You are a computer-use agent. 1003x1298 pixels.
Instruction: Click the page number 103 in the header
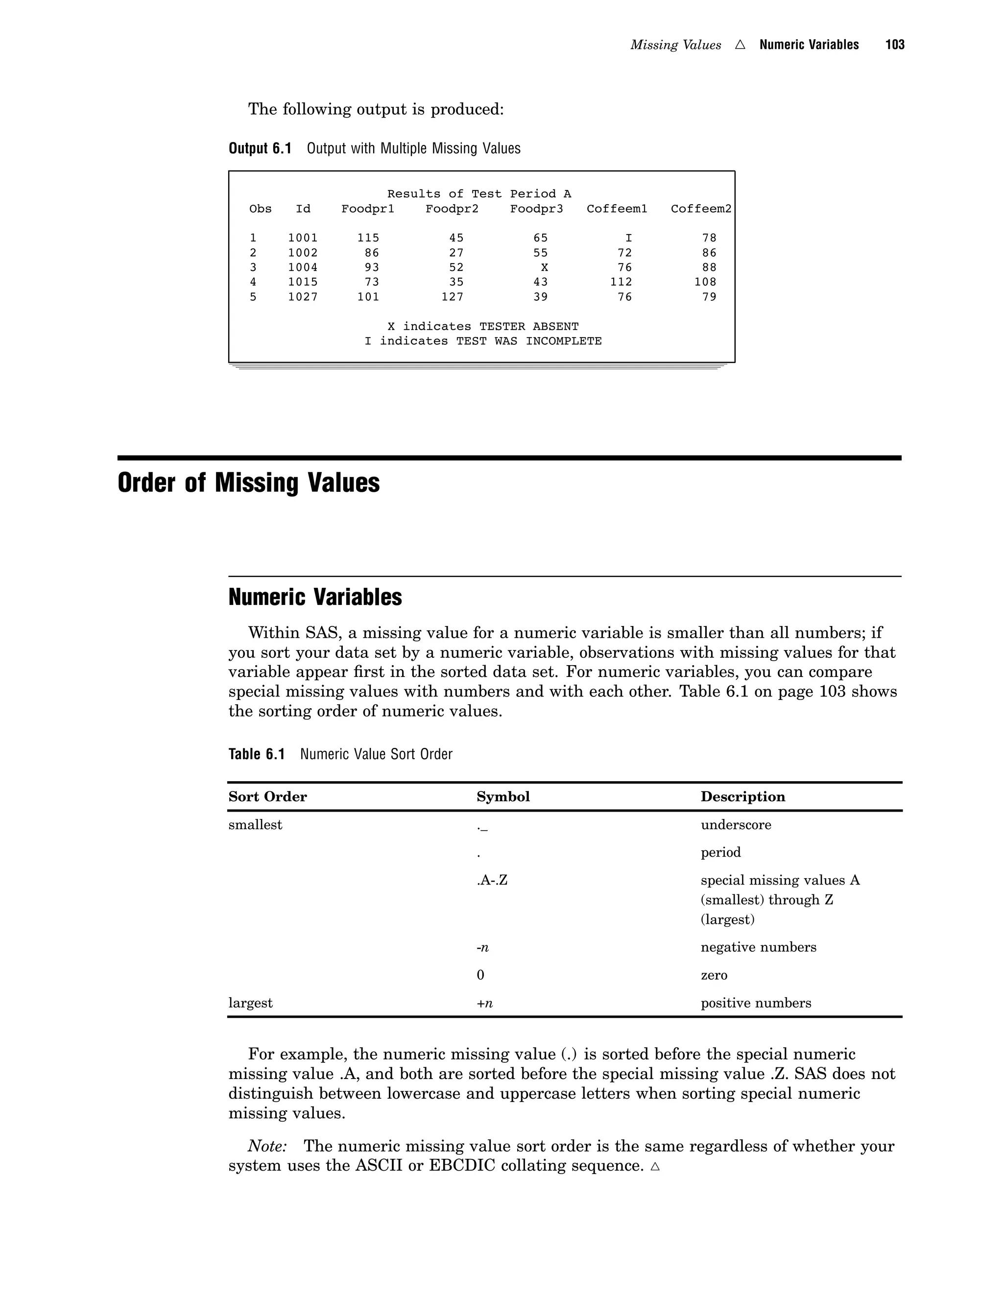pyautogui.click(x=894, y=45)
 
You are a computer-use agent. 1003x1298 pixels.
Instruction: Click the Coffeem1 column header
pyautogui.click(x=616, y=209)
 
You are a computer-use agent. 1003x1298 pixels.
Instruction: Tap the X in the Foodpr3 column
pyautogui.click(x=544, y=267)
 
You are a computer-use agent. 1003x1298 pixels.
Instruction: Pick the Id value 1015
pyautogui.click(x=303, y=282)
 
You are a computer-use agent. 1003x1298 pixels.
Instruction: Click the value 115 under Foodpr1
pyautogui.click(x=368, y=238)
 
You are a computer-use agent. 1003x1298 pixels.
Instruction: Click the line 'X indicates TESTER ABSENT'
pyautogui.click(x=482, y=326)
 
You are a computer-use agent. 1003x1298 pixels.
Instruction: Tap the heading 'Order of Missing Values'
pyautogui.click(x=248, y=482)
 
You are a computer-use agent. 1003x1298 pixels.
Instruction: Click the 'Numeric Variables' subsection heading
pyautogui.click(x=315, y=597)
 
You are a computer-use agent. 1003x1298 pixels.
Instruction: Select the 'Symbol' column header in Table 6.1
pyautogui.click(x=502, y=796)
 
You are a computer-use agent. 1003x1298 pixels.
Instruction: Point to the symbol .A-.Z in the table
pyautogui.click(x=492, y=880)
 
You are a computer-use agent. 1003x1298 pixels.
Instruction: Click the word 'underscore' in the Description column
pyautogui.click(x=736, y=825)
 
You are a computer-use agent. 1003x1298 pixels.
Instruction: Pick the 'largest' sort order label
pyautogui.click(x=250, y=1003)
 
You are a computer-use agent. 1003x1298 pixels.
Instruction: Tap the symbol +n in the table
pyautogui.click(x=484, y=1003)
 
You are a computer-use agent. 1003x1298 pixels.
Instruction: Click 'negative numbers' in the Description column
pyautogui.click(x=758, y=947)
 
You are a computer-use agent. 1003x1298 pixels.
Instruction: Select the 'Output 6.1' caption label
pyautogui.click(x=260, y=148)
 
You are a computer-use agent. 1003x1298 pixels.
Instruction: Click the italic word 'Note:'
pyautogui.click(x=267, y=1145)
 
